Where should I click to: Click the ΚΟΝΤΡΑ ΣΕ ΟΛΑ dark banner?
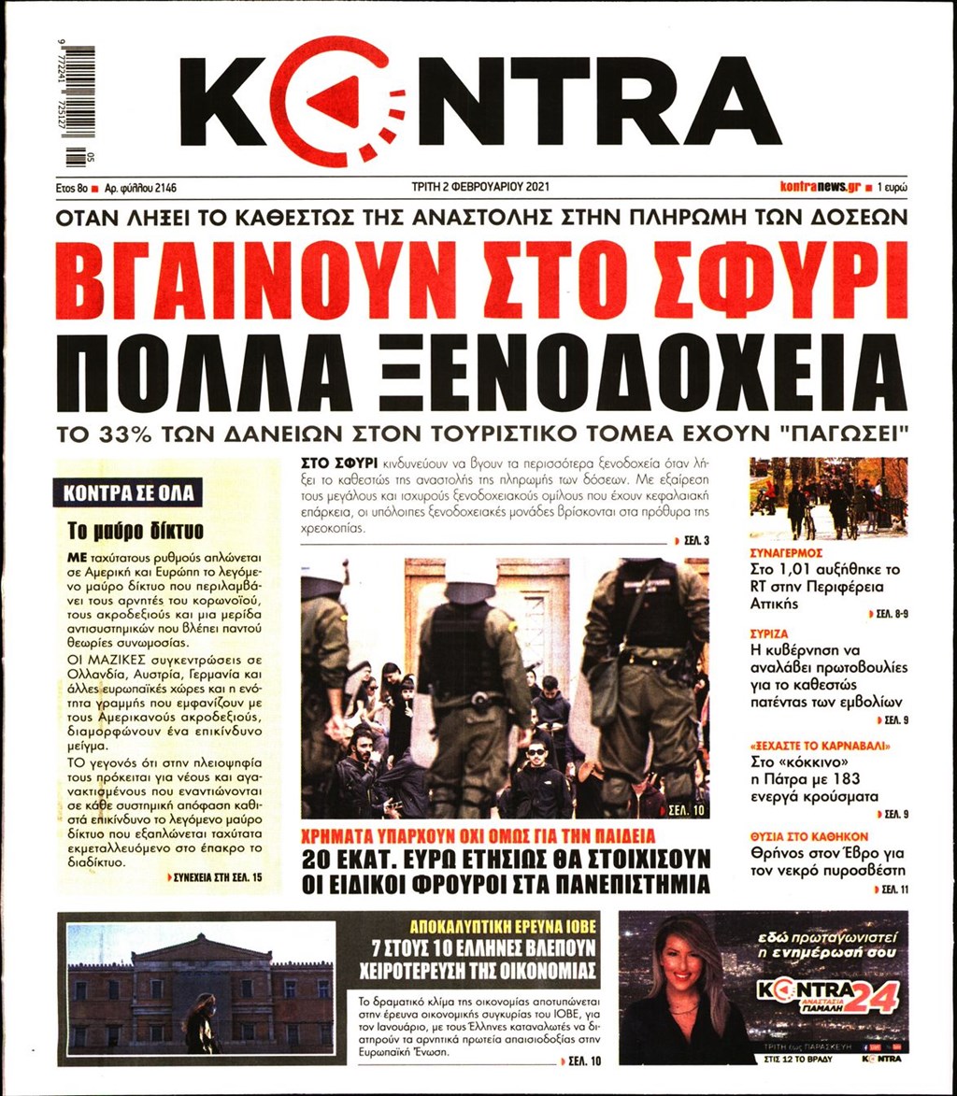point(129,493)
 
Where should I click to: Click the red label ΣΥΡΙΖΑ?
point(769,633)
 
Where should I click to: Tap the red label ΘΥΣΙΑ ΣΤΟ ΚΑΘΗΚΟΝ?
point(809,834)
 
